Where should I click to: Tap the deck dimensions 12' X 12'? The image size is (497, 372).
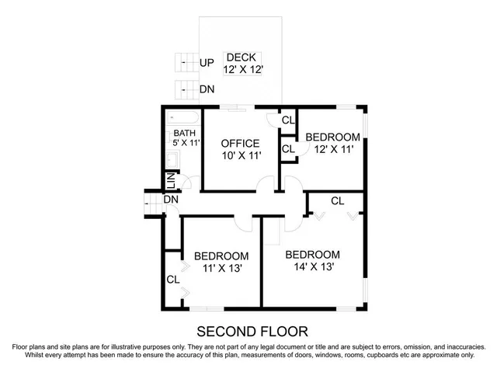[x=245, y=70]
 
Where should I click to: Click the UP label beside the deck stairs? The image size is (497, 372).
[x=207, y=63]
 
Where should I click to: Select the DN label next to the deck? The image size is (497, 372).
[x=207, y=90]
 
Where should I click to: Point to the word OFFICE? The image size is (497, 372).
[x=240, y=144]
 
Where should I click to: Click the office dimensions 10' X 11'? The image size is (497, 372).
[x=240, y=156]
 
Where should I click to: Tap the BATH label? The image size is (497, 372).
[x=185, y=133]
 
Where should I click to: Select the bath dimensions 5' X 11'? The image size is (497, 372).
[x=186, y=144]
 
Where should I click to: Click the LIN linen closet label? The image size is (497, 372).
[x=171, y=182]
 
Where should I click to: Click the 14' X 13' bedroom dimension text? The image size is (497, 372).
[x=312, y=267]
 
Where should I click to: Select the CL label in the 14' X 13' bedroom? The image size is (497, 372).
[x=337, y=201]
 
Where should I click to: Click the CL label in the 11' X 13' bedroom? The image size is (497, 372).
[x=172, y=280]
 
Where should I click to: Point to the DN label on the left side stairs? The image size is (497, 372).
[x=172, y=200]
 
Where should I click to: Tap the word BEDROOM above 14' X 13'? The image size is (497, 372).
[x=312, y=255]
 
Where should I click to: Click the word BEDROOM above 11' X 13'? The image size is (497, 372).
[x=221, y=256]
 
